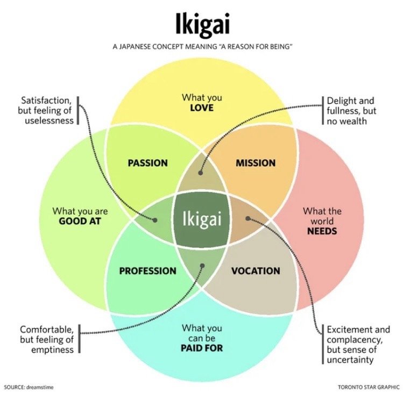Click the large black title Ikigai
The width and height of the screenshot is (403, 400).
(x=202, y=24)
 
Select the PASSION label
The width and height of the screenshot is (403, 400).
(x=148, y=163)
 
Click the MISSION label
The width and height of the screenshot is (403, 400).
(x=256, y=163)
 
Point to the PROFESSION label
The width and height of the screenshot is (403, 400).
(x=148, y=271)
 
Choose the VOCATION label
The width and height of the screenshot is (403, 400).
(x=256, y=271)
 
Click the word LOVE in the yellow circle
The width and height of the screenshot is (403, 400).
(x=202, y=108)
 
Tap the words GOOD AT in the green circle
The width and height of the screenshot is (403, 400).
(x=80, y=222)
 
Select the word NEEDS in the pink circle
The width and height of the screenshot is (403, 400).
(x=322, y=231)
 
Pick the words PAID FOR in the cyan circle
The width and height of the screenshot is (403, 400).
(x=202, y=348)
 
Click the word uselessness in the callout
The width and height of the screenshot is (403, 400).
(x=49, y=120)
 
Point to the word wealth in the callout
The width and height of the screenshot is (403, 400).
(x=355, y=121)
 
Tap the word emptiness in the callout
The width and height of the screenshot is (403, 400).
(x=52, y=349)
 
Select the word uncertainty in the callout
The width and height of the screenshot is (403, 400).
(x=350, y=360)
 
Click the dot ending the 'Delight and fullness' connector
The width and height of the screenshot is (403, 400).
(x=201, y=173)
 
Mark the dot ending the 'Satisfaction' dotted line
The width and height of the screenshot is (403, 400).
(x=155, y=220)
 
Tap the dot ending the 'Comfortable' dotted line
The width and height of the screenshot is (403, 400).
(x=202, y=266)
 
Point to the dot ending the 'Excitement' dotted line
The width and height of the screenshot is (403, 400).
(x=248, y=218)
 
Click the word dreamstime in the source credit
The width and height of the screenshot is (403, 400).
(x=40, y=387)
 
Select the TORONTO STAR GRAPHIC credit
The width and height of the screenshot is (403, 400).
(x=369, y=387)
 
